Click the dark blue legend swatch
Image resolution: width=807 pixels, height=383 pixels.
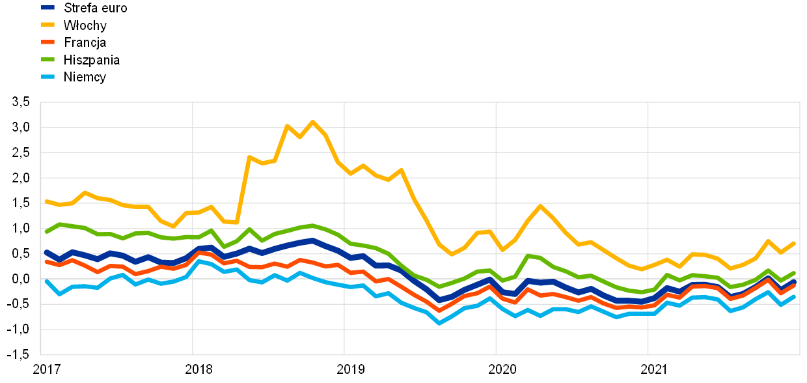[x=48, y=7]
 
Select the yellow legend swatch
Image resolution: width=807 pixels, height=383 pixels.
[x=48, y=24]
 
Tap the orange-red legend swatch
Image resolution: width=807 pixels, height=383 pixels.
[x=48, y=42]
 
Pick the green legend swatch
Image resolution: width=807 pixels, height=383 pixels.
[x=48, y=59]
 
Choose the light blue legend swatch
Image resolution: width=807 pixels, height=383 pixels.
[x=48, y=76]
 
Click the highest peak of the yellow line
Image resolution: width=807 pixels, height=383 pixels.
[x=312, y=121]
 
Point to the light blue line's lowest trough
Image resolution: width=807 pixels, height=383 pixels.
[x=439, y=322]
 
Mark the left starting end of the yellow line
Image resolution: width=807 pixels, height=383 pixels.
[x=46, y=201]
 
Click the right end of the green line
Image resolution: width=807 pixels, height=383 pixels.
[x=794, y=273]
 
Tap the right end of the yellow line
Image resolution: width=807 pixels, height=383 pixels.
[x=794, y=243]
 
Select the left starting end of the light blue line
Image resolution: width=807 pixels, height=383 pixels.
[x=46, y=281]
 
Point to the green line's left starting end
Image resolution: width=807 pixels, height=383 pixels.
[x=46, y=231]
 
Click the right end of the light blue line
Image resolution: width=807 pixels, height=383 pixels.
[x=794, y=296]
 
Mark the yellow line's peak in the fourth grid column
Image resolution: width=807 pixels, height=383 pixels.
[x=540, y=206]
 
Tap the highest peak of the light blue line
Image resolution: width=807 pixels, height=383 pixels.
[x=199, y=261]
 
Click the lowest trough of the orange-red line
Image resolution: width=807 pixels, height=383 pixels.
[x=439, y=310]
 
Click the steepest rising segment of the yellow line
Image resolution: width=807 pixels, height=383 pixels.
[x=243, y=190]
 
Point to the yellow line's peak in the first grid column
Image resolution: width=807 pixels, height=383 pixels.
[x=85, y=192]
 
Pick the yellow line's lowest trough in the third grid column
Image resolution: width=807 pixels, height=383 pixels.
[x=452, y=254]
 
